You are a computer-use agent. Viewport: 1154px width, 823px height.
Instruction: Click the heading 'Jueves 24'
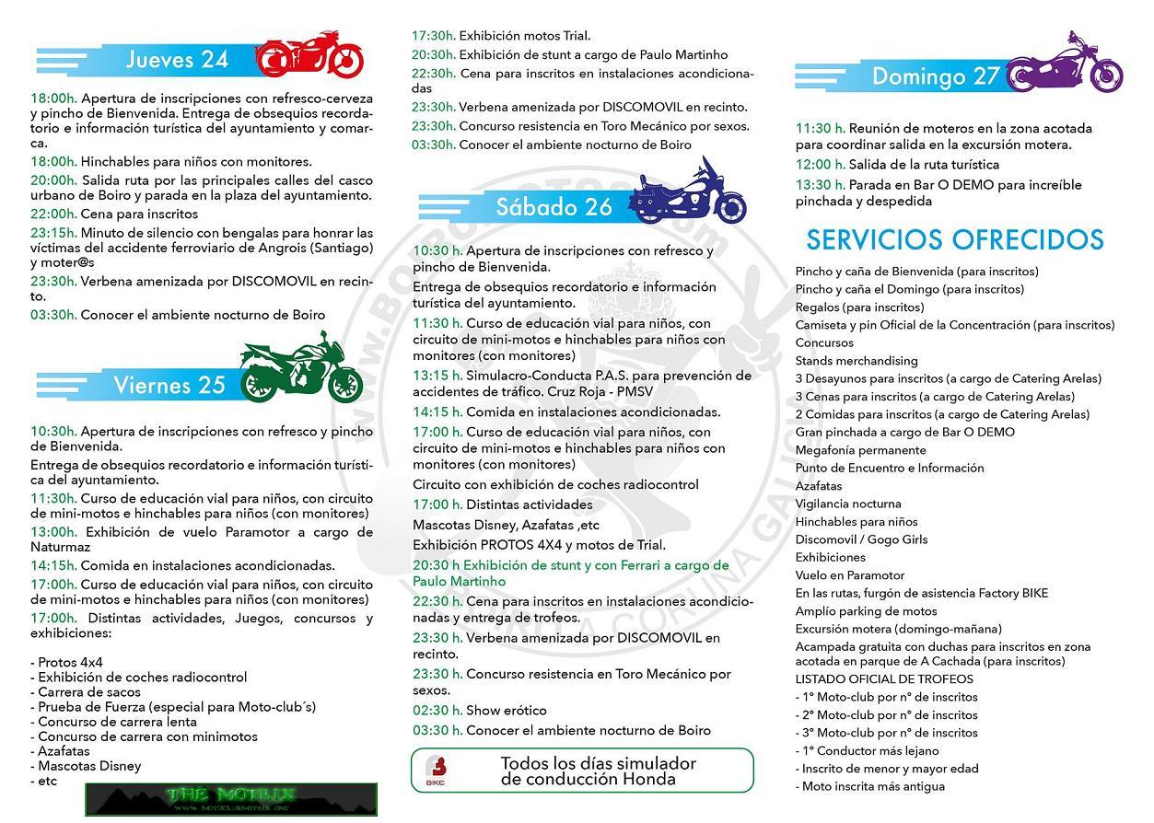[x=177, y=60]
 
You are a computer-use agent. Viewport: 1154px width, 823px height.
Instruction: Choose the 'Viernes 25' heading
[x=169, y=385]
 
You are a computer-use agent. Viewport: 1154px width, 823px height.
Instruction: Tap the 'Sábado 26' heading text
[x=554, y=207]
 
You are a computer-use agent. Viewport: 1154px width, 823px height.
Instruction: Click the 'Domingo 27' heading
[x=935, y=76]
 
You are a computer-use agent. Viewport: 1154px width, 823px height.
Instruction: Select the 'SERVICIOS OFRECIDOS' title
[x=954, y=239]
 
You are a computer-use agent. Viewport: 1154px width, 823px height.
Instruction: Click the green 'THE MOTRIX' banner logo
[x=231, y=798]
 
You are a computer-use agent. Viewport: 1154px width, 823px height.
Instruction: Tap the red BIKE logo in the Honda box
[x=436, y=771]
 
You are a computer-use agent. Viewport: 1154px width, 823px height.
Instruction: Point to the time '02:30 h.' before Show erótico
[x=437, y=711]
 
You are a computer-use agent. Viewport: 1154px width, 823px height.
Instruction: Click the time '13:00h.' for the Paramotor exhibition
[x=53, y=532]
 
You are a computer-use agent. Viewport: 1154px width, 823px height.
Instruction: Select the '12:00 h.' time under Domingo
[x=820, y=165]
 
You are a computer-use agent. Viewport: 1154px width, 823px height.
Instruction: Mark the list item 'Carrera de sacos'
[x=89, y=692]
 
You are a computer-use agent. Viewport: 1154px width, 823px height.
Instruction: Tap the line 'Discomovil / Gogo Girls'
[x=862, y=539]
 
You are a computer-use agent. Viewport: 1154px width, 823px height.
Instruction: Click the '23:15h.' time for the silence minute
[x=53, y=233]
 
